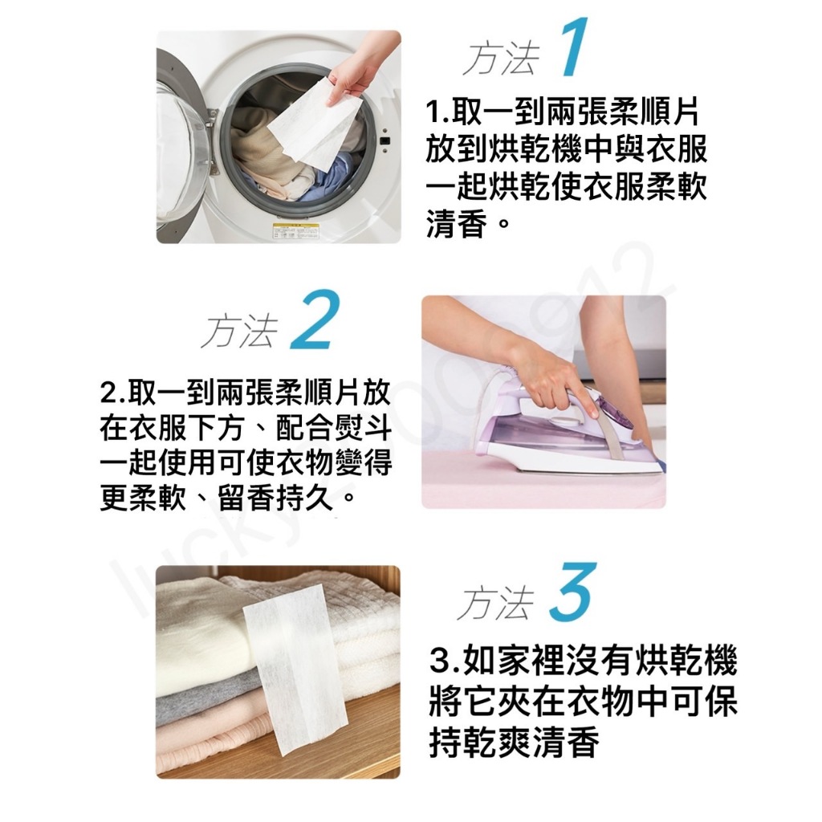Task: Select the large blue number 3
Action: pos(573,592)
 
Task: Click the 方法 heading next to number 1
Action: pos(502,58)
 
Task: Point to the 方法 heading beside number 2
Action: pos(239,331)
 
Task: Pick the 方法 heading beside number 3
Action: pos(495,604)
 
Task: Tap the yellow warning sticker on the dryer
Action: pos(295,231)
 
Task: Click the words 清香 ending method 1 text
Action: pos(457,223)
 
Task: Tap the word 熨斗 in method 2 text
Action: pos(363,428)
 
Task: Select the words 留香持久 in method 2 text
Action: pos(275,496)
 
